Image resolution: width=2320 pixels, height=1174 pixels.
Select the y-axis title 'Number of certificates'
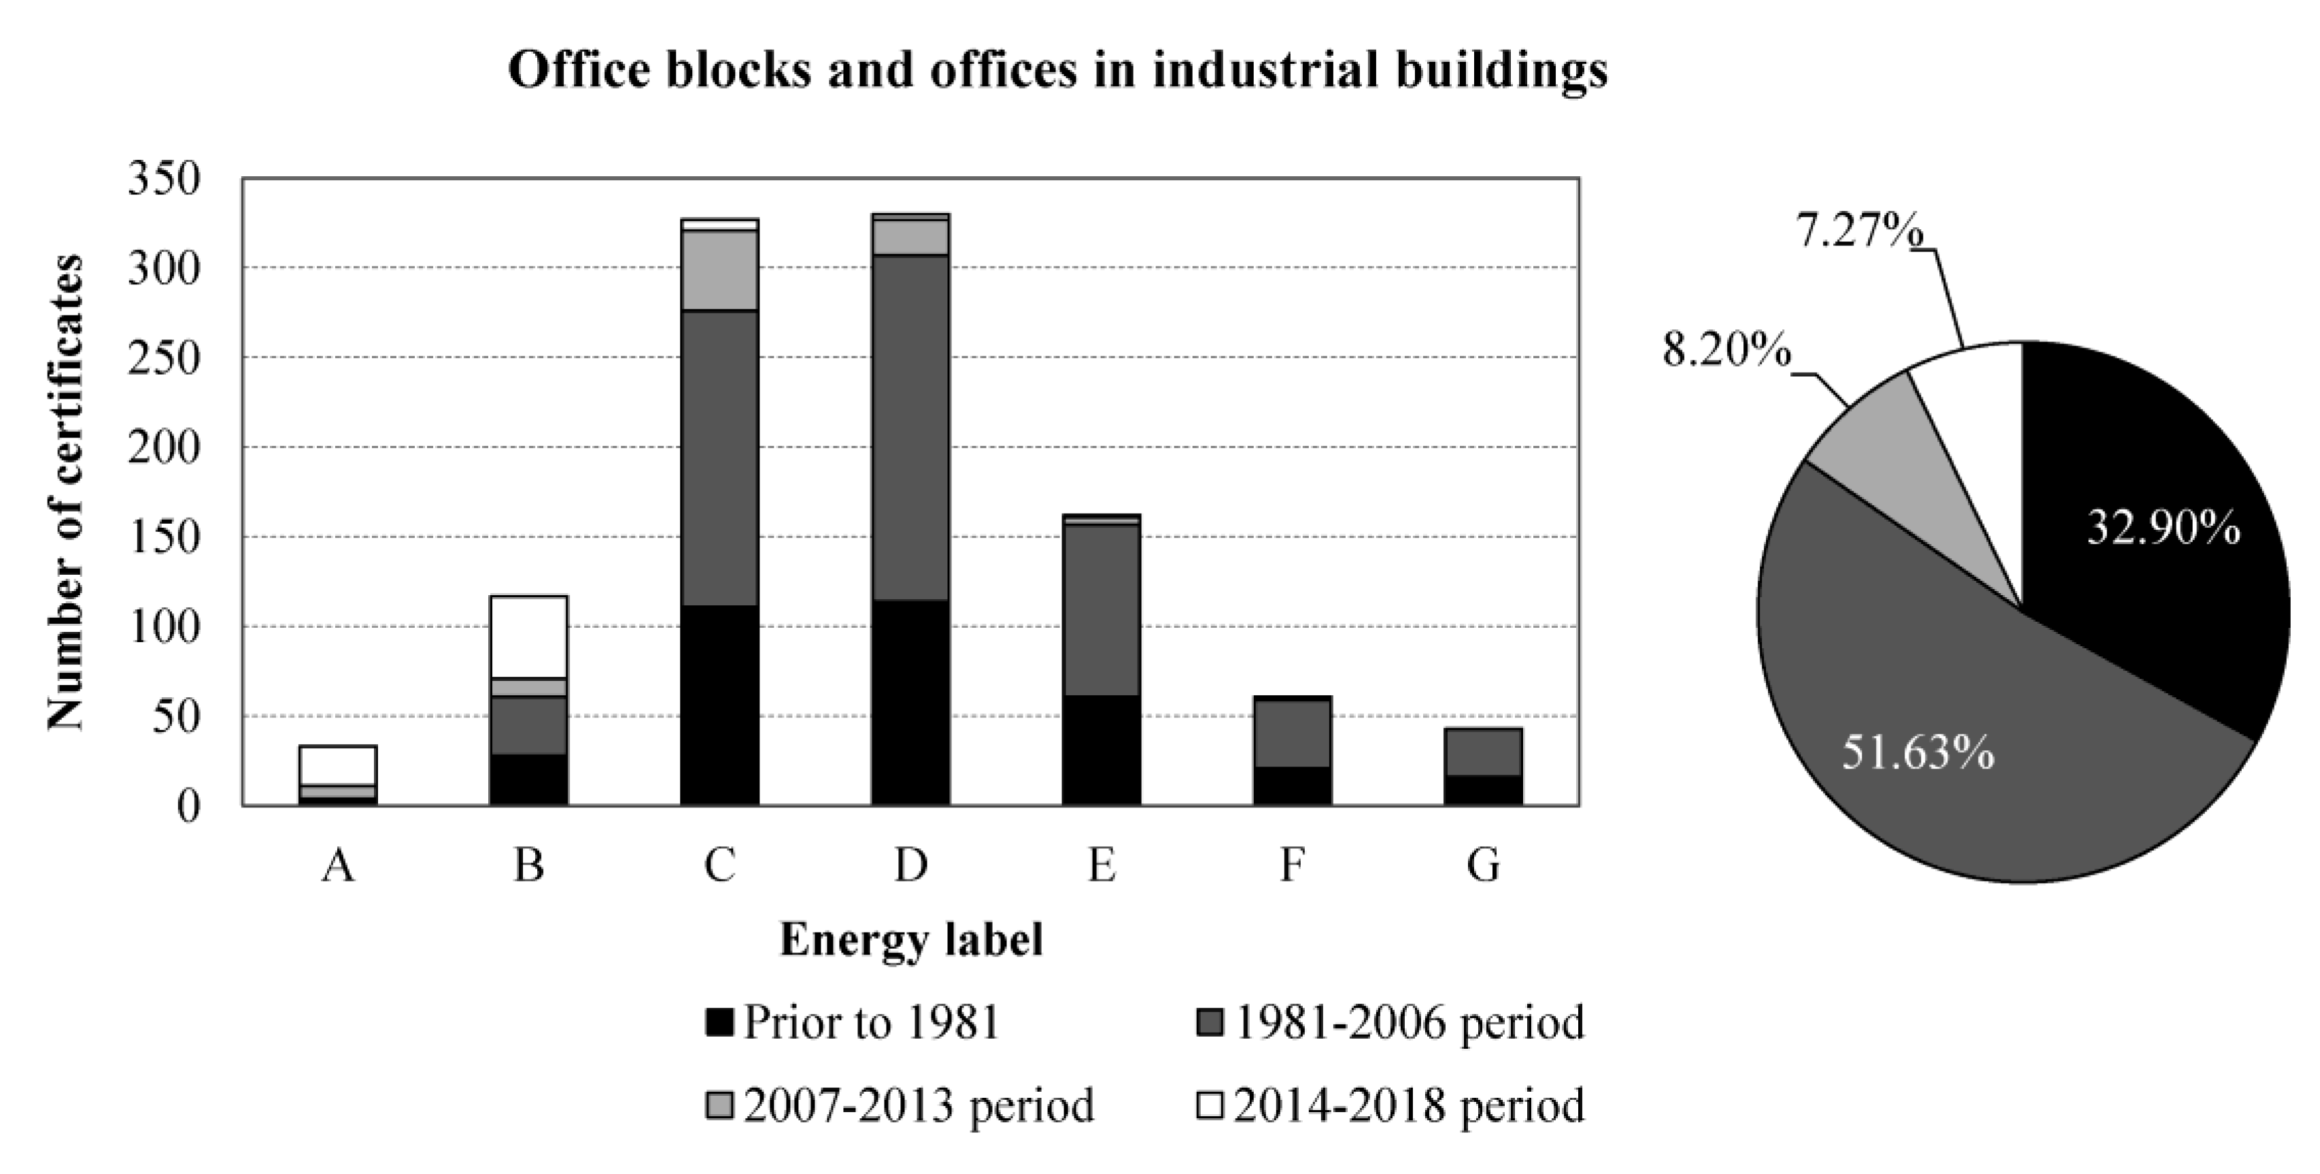click(65, 492)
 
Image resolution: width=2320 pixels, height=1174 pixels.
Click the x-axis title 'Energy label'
click(910, 941)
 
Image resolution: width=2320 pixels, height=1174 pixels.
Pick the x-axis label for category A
click(338, 866)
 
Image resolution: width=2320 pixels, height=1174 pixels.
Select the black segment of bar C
click(719, 705)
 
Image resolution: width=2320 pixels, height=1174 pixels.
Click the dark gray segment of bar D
click(910, 427)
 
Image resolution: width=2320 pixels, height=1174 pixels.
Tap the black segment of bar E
click(1102, 750)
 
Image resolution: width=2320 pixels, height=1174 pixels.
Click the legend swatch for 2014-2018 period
click(1210, 1105)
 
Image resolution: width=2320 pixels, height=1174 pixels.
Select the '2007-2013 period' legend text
click(919, 1105)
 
